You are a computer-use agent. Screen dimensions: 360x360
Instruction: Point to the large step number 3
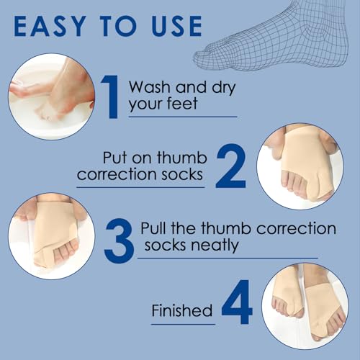(x=117, y=240)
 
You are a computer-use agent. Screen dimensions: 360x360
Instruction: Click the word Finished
(x=182, y=311)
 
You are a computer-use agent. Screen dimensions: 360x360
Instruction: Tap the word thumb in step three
(x=230, y=229)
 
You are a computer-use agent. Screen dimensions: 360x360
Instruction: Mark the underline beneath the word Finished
(x=183, y=321)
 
